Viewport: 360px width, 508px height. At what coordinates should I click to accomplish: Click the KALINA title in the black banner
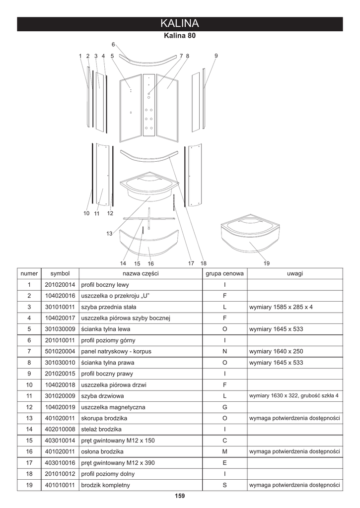(180, 24)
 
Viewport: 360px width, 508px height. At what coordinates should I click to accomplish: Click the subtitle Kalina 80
(180, 36)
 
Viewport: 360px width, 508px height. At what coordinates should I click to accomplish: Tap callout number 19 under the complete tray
(266, 263)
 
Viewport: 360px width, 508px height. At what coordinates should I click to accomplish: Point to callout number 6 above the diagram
(113, 45)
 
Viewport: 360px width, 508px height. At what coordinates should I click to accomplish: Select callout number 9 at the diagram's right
(216, 56)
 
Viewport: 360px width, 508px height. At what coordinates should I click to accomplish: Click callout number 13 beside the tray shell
(109, 234)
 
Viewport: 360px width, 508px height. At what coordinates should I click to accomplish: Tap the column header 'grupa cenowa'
(224, 273)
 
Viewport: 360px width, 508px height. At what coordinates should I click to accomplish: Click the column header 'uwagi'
(295, 273)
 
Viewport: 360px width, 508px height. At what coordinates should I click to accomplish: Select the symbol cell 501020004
(60, 351)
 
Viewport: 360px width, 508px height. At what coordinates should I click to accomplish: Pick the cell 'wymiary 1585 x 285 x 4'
(281, 307)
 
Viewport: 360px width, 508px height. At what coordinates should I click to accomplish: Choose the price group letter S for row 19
(224, 485)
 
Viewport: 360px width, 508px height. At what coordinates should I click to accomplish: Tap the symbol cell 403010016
(60, 462)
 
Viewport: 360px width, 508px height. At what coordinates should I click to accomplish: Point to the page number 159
(180, 496)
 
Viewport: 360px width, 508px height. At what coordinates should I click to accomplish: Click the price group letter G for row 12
(224, 407)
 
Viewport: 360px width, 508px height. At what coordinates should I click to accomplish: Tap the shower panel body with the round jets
(149, 105)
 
